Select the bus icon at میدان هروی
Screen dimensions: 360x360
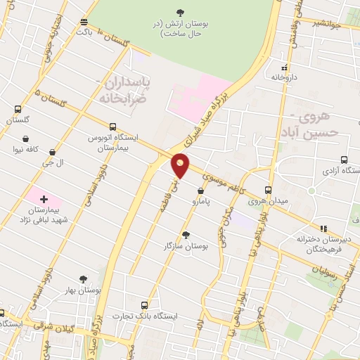pos(268,190)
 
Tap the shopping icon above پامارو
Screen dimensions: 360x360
pos(201,191)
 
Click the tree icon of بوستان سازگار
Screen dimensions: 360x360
pos(186,235)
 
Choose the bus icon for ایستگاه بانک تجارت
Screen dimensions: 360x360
pos(144,305)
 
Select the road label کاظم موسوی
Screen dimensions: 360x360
pos(226,184)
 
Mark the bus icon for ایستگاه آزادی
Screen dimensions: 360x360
pos(343,160)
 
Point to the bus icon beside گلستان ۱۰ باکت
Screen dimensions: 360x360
pos(84,22)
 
